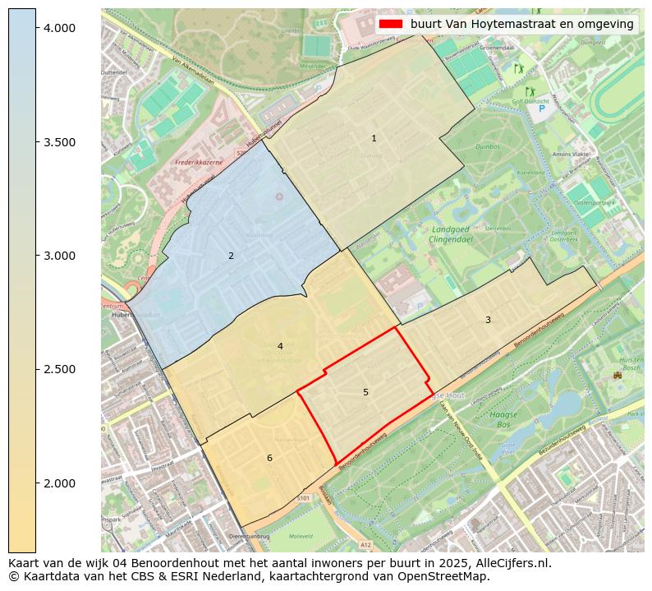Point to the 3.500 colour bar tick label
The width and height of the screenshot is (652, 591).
click(x=58, y=142)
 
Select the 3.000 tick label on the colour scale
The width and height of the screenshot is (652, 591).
click(x=58, y=256)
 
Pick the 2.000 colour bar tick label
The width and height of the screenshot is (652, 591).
click(x=58, y=483)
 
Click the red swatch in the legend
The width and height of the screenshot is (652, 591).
click(x=391, y=25)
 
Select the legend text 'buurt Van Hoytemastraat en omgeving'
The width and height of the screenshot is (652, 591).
click(x=521, y=25)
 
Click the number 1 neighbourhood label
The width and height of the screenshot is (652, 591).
click(x=374, y=138)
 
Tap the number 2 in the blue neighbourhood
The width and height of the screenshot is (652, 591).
click(x=231, y=256)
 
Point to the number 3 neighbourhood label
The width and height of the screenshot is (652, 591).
click(x=488, y=320)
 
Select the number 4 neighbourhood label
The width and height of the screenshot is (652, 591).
click(x=280, y=346)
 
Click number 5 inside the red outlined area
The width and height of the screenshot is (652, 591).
click(x=365, y=392)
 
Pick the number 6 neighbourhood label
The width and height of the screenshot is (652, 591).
click(x=269, y=458)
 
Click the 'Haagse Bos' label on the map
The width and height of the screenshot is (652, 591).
click(x=503, y=420)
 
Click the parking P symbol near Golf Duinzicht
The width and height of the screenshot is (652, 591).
click(x=541, y=108)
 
